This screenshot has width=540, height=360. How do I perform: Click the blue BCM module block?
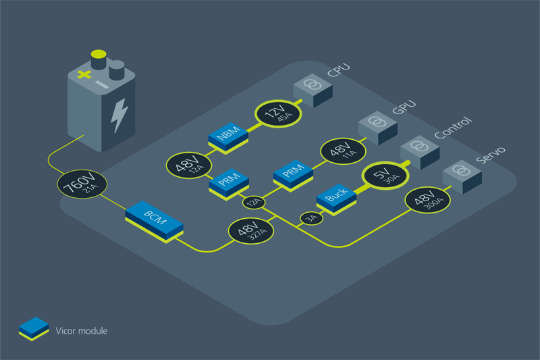154,221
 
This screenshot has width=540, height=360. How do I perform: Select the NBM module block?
228,138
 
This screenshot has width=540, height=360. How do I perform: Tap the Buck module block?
336,199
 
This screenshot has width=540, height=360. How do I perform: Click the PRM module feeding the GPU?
293,176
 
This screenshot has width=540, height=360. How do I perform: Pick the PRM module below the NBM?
229,184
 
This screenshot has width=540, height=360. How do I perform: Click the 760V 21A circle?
82,184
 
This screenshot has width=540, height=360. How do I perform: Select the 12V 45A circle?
278,114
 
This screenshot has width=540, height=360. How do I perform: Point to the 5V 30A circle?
385,176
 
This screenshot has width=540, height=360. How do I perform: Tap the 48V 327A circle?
251,231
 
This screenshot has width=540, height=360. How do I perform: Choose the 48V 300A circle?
428,200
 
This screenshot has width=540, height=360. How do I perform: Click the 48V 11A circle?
343,151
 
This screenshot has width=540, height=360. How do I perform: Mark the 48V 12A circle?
189,165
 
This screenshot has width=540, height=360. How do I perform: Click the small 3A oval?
311,218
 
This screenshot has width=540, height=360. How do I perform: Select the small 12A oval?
254,202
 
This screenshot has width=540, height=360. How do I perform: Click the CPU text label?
339,70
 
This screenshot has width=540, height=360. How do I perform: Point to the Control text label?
453,128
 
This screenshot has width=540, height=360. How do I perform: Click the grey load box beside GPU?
378,128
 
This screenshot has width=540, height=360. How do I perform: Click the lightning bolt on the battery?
119,115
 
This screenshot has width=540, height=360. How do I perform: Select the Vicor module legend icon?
34,329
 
